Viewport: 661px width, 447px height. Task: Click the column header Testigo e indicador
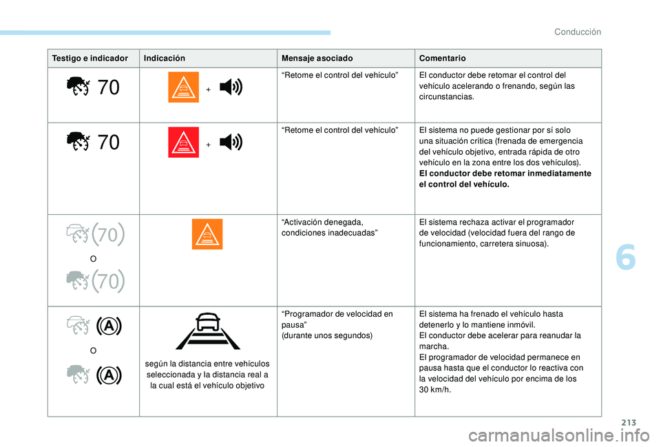(91, 59)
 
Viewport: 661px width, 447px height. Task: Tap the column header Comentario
(442, 59)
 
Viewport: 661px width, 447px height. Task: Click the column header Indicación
(164, 59)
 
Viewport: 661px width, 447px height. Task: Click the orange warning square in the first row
(183, 87)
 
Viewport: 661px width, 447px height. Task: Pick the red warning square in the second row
(183, 143)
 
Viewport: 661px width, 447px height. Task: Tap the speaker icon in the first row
(231, 87)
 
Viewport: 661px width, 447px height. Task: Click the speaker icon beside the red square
(231, 143)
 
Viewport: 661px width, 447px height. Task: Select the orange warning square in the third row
(207, 234)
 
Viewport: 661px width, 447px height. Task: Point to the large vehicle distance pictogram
(208, 331)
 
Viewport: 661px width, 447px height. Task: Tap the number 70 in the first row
(109, 87)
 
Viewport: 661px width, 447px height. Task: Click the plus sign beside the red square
(208, 145)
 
